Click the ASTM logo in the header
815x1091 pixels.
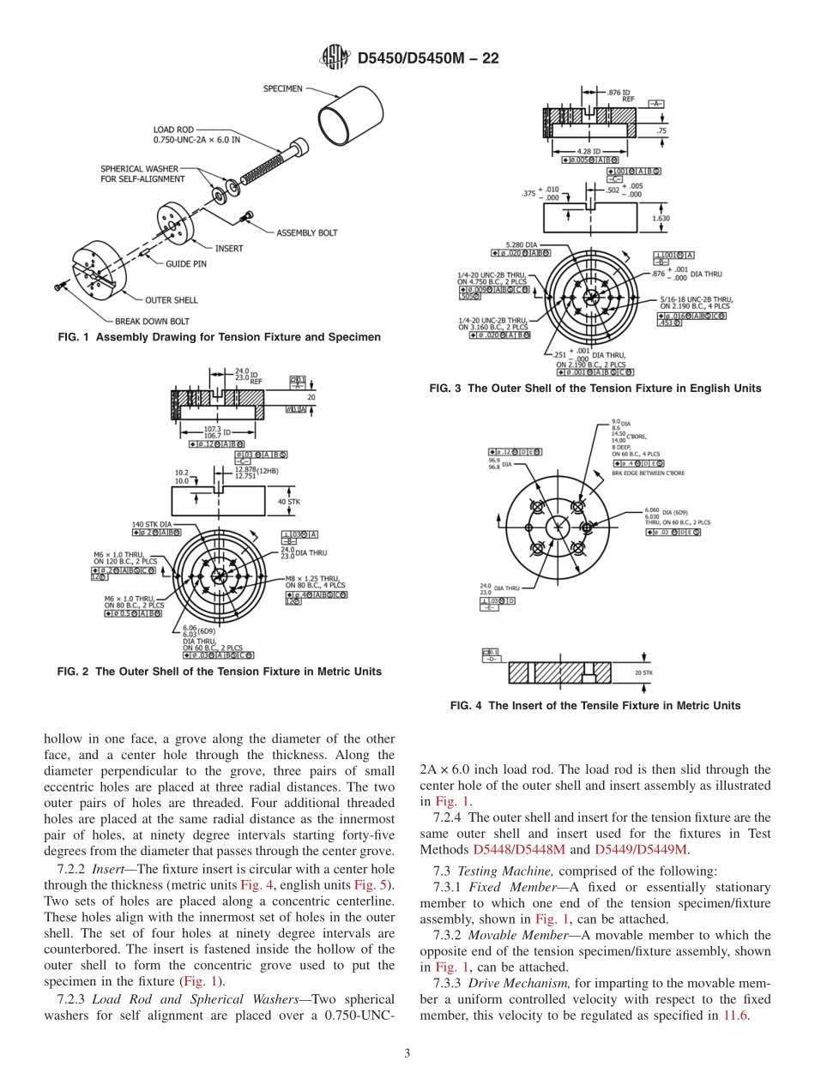(335, 58)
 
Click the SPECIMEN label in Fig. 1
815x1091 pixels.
(282, 88)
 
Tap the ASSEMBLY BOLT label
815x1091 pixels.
(306, 232)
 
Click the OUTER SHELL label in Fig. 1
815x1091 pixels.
(171, 300)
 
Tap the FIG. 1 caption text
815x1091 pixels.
(219, 337)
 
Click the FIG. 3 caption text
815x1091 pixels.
(595, 389)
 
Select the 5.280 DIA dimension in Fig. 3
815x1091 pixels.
(522, 244)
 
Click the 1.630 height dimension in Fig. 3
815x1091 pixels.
(661, 219)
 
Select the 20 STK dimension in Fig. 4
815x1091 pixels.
(643, 673)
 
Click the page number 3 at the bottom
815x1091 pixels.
(407, 1054)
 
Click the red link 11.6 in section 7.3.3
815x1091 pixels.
(736, 1015)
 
